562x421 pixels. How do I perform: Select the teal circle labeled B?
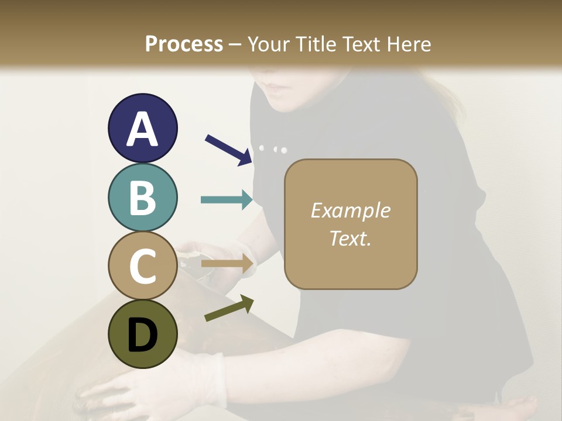(142, 198)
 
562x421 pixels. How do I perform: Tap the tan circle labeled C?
(142, 266)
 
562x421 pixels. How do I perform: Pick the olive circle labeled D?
(142, 334)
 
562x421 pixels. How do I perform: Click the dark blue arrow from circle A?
(228, 150)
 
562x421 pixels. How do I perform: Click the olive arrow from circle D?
(229, 308)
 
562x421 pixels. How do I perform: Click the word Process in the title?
(184, 44)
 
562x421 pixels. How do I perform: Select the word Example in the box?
(350, 210)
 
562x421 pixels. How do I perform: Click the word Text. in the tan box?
(350, 238)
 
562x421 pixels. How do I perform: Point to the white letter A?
(142, 130)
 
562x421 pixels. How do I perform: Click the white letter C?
(142, 267)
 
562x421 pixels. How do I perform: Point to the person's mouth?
(276, 88)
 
